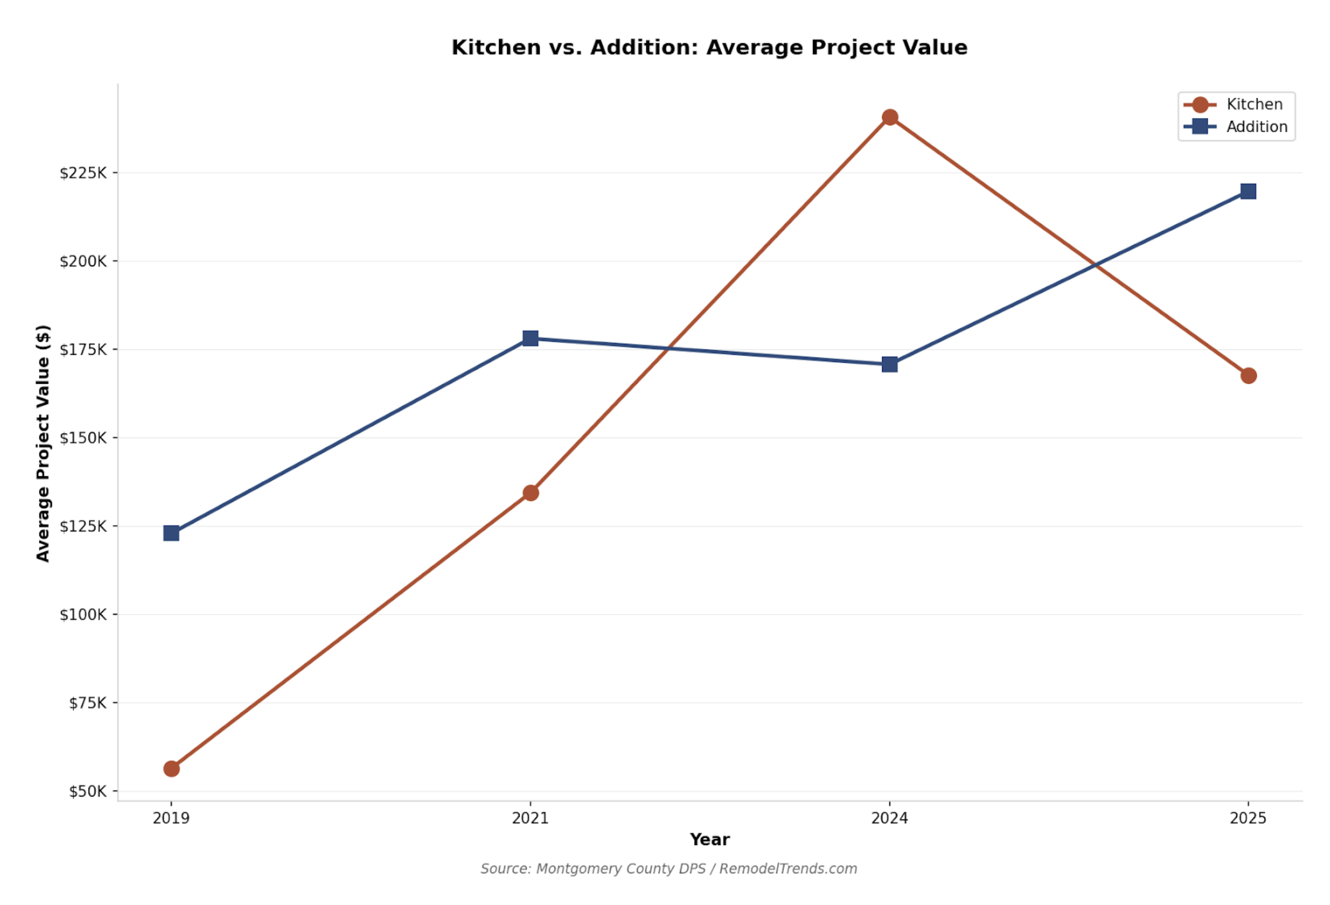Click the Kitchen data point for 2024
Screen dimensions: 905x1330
(x=889, y=117)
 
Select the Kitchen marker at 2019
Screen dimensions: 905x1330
(x=171, y=769)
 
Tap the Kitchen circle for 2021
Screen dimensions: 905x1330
(x=531, y=493)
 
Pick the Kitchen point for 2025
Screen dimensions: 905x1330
(x=1248, y=375)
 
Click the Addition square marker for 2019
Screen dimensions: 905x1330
(x=171, y=534)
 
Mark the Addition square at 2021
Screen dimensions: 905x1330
(x=531, y=338)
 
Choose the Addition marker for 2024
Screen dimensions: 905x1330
(x=889, y=364)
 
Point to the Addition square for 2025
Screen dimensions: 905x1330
(x=1248, y=191)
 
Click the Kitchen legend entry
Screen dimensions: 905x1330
(x=1242, y=105)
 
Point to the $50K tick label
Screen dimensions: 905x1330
(x=88, y=791)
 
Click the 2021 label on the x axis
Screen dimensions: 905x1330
(x=531, y=818)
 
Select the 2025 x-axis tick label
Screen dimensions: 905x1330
(x=1248, y=818)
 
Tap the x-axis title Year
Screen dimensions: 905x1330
(x=709, y=839)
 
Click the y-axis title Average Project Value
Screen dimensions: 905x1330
(x=43, y=443)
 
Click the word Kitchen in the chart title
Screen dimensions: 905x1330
(x=496, y=48)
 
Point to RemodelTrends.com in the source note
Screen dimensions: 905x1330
(x=788, y=869)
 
